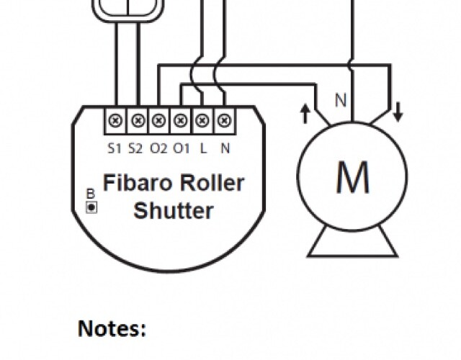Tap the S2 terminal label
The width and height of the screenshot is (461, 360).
(x=136, y=149)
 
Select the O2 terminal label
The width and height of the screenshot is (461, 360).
(x=158, y=149)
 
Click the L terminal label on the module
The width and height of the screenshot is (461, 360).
(x=203, y=149)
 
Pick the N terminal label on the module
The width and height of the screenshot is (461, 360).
(x=225, y=149)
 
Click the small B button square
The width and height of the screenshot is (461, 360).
(x=91, y=207)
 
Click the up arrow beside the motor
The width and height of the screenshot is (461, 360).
(x=305, y=112)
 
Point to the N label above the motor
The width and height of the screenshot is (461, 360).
(x=340, y=101)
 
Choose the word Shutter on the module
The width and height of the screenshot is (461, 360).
(x=174, y=211)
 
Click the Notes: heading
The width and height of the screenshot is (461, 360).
(x=112, y=329)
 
